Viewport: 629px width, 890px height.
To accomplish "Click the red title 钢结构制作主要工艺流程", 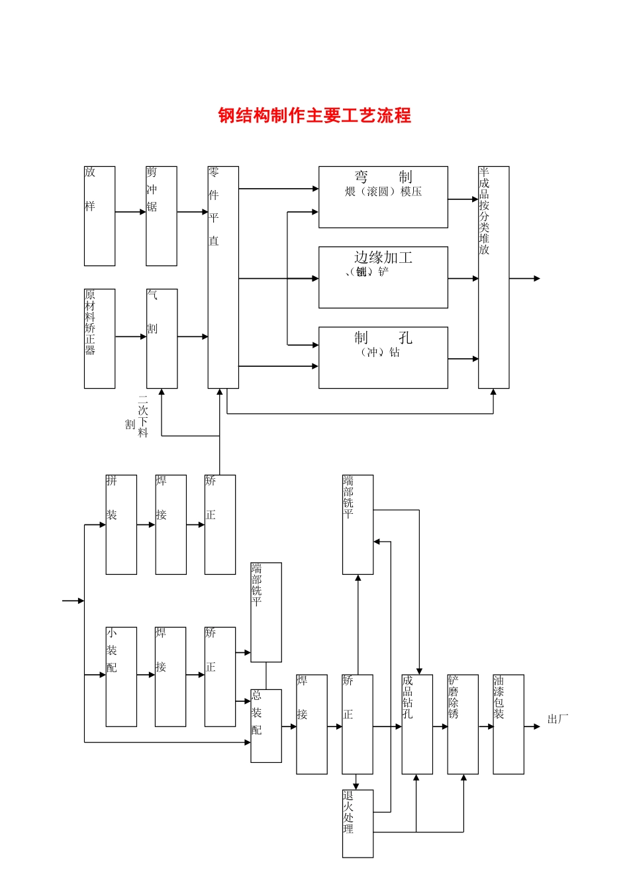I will [x=314, y=115].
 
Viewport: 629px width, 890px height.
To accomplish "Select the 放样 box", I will [x=99, y=216].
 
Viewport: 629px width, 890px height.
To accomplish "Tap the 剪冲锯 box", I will [x=162, y=216].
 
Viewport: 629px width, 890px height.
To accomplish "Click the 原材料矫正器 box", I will [x=99, y=338].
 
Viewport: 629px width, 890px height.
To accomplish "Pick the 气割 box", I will [x=162, y=338].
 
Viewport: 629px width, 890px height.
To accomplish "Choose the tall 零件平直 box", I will [x=223, y=277].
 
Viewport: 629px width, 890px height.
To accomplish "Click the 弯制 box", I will [x=383, y=197].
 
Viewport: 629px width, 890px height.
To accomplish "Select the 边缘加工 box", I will [x=383, y=277].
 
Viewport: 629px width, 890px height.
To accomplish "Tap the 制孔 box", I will [x=383, y=358].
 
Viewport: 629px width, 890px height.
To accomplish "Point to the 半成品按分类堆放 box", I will [x=493, y=277].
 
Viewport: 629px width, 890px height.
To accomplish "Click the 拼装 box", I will [x=121, y=524].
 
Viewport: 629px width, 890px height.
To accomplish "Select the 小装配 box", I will [x=121, y=677].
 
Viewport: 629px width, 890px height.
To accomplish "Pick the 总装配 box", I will [x=266, y=726].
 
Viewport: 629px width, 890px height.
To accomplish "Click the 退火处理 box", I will [x=358, y=823].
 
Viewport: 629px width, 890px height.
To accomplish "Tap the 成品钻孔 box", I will [x=417, y=724].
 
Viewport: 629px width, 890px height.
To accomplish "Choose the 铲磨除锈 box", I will [x=463, y=724].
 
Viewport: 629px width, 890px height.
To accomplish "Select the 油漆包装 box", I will [x=508, y=724].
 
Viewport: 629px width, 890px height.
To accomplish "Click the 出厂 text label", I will [x=557, y=719].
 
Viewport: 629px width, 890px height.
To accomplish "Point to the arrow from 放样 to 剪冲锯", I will [x=130, y=212].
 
